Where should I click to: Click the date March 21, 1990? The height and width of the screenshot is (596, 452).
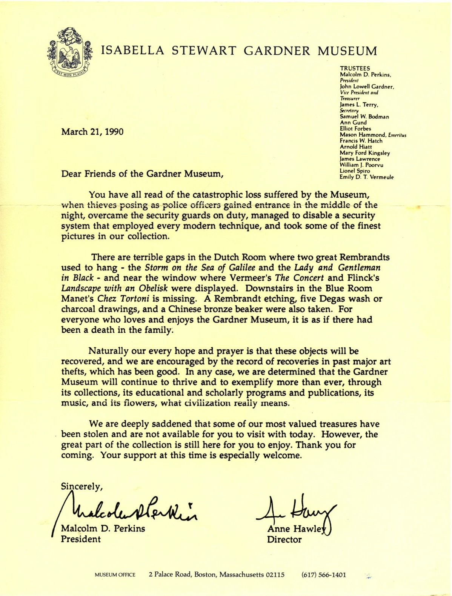pyautogui.click(x=92, y=132)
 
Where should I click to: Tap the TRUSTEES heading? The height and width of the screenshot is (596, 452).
pyautogui.click(x=355, y=68)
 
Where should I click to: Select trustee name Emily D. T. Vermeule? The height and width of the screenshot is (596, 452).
pyautogui.click(x=366, y=177)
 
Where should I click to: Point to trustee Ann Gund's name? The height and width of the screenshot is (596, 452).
pyautogui.click(x=353, y=123)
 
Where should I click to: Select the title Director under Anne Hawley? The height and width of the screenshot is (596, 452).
pyautogui.click(x=284, y=539)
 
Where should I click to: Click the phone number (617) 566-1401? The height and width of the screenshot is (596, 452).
pyautogui.click(x=324, y=575)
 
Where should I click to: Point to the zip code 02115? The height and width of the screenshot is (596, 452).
pyautogui.click(x=275, y=575)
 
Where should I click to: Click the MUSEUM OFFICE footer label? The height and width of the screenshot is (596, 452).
pyautogui.click(x=115, y=575)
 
